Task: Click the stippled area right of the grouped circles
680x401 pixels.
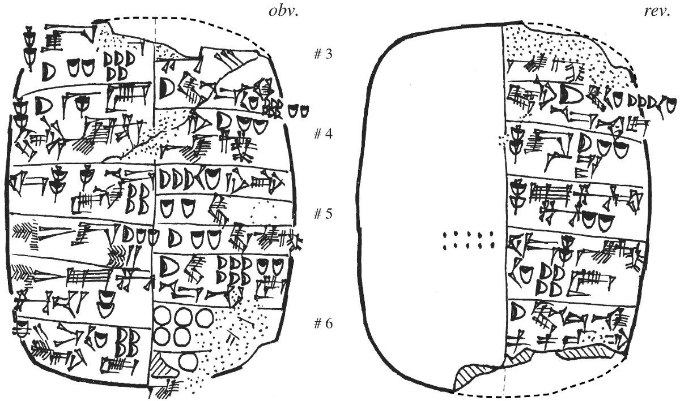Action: point(238,334)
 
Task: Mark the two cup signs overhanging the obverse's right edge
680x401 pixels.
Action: point(298,111)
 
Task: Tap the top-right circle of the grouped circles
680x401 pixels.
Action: point(202,315)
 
